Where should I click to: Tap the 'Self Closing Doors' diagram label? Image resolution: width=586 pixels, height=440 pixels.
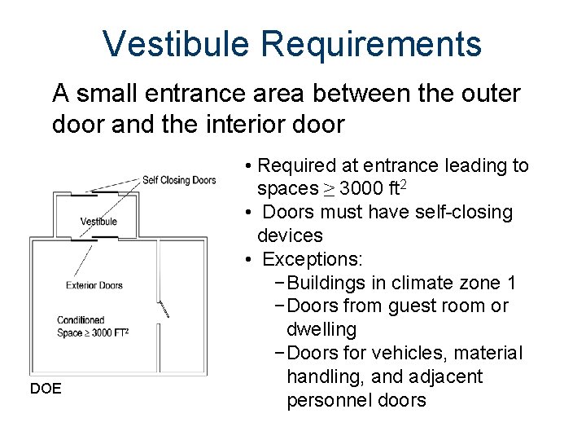coord(179,180)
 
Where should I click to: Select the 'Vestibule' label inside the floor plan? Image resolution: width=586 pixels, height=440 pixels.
coord(98,222)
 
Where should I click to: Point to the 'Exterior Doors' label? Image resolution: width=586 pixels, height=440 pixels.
coord(94,285)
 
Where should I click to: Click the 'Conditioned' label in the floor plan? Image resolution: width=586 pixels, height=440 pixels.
coord(81,320)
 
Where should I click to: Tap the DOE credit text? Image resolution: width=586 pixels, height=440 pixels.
coord(46,389)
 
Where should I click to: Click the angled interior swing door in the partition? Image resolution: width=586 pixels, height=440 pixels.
coord(163,308)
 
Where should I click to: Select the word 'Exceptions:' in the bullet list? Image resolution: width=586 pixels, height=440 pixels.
coord(313,260)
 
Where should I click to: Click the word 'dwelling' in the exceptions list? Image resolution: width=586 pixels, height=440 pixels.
coord(321,330)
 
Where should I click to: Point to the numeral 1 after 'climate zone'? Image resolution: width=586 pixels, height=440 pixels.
coord(511,284)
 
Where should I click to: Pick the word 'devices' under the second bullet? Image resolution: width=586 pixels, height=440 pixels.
coord(290,236)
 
